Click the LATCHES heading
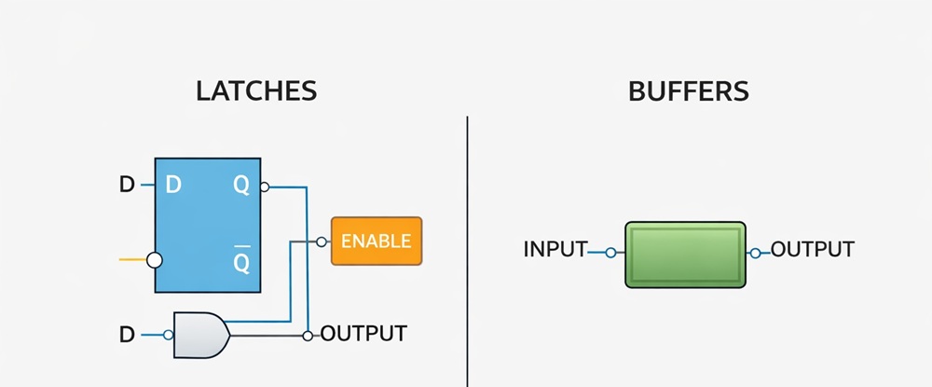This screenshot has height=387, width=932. [256, 90]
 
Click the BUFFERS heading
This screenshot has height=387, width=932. [689, 90]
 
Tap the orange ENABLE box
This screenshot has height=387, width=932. [376, 242]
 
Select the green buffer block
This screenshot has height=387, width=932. [685, 253]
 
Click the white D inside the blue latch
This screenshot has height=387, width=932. [173, 186]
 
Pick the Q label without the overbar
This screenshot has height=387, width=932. [241, 186]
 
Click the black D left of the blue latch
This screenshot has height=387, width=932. [127, 186]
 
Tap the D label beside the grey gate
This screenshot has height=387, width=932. [127, 334]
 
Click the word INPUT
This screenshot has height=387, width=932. [555, 250]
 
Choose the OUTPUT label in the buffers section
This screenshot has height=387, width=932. [813, 250]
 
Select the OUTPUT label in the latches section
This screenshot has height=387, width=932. [363, 333]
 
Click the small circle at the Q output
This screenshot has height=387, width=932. [265, 187]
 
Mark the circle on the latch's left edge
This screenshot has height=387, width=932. [155, 260]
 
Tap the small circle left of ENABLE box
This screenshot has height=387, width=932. [322, 242]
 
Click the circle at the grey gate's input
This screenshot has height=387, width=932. [169, 334]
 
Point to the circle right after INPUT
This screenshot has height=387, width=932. [610, 252]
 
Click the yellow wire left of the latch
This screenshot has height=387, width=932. [133, 260]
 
